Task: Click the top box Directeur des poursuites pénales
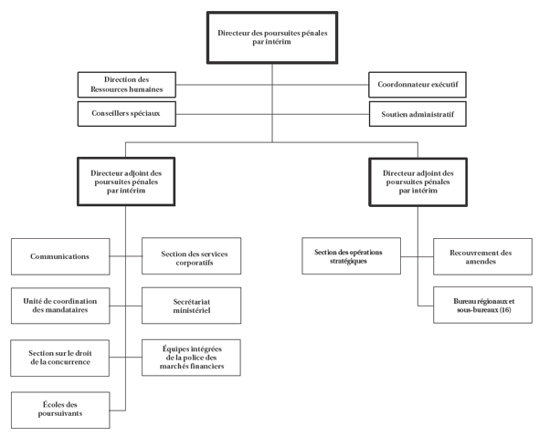click(x=272, y=37)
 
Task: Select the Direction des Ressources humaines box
click(x=126, y=85)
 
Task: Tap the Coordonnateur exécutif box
click(x=417, y=85)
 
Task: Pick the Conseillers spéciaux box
click(x=126, y=114)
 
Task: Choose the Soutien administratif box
click(x=417, y=114)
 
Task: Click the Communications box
click(x=60, y=256)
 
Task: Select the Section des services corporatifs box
click(x=192, y=256)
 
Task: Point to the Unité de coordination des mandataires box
click(x=60, y=306)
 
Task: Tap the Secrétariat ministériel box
click(x=192, y=306)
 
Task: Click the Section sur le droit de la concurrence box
click(x=60, y=357)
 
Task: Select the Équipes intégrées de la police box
click(x=192, y=357)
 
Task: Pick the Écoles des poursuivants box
click(x=60, y=410)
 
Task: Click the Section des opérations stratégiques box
click(x=352, y=256)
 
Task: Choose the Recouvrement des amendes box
click(x=482, y=256)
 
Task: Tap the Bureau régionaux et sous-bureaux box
click(x=482, y=305)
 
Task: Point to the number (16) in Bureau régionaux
click(x=505, y=310)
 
